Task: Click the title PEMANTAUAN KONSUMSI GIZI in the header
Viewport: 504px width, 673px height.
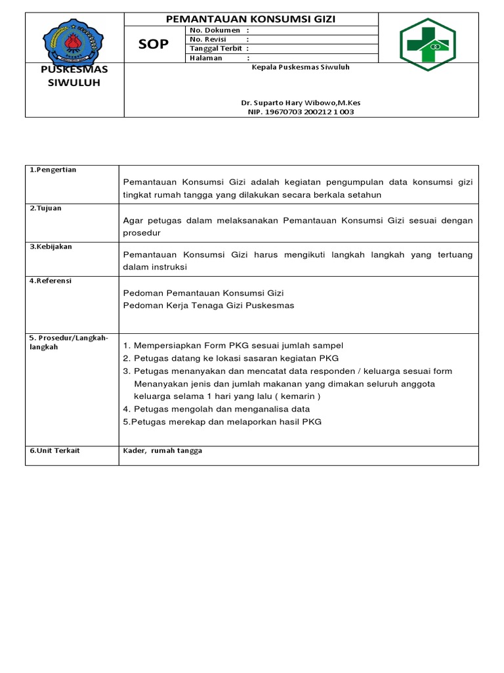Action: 251,19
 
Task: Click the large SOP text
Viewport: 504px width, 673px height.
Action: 154,44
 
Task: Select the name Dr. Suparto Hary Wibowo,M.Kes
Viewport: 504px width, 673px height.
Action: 301,103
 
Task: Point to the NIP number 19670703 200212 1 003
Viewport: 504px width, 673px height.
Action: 301,112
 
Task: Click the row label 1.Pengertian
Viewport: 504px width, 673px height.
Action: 53,170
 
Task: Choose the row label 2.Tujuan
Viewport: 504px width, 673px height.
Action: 45,208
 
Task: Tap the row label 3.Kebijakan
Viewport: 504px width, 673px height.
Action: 51,246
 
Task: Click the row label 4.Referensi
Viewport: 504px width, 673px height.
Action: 50,281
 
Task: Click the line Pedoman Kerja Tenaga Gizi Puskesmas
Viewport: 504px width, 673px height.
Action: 209,306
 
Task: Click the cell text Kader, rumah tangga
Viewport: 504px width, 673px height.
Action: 163,450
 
